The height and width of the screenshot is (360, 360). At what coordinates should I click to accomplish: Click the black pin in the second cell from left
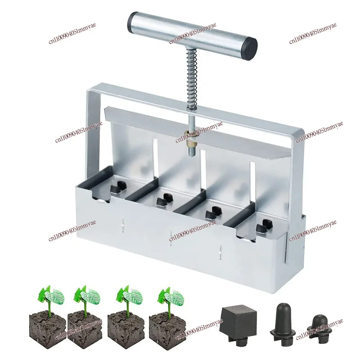point(166,198)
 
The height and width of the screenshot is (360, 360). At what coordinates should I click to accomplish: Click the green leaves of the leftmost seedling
point(49,295)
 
